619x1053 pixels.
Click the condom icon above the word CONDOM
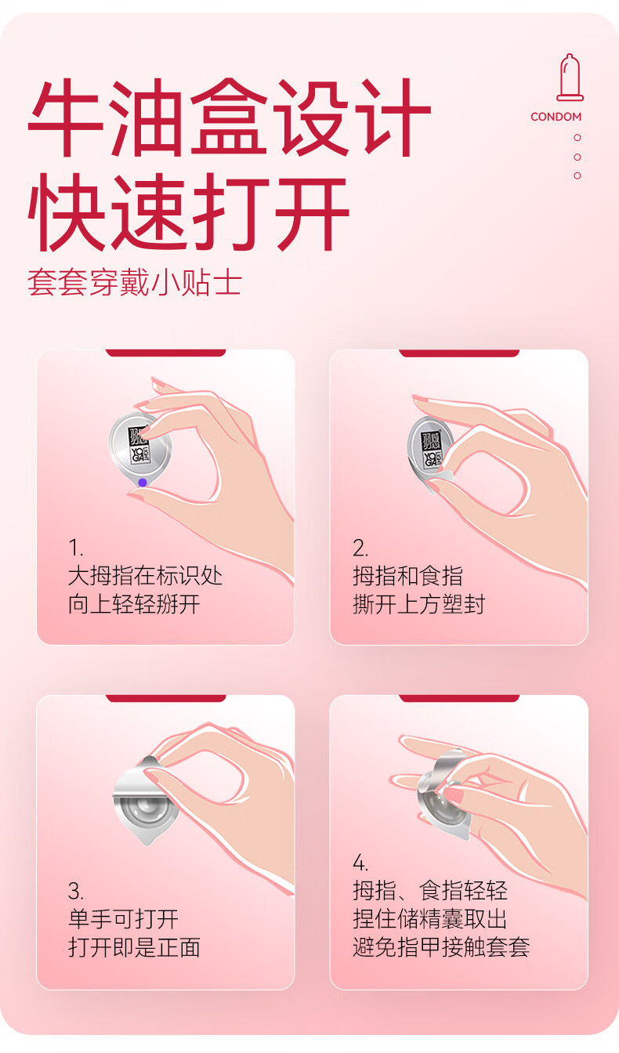point(570,78)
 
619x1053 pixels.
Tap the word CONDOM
point(556,117)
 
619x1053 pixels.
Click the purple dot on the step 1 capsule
point(143,483)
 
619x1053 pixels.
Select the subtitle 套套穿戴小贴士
point(135,283)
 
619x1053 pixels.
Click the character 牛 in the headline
point(66,117)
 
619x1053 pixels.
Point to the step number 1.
point(75,548)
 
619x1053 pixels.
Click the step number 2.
point(360,548)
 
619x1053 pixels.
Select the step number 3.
point(76,891)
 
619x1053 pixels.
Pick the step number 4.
point(360,863)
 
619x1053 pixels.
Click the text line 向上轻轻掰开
point(135,605)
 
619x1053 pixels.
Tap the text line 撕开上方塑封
point(418,605)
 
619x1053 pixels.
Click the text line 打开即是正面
point(135,948)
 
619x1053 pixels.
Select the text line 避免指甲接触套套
point(441,946)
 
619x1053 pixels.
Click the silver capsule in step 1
point(139,449)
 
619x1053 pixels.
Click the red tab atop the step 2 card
point(459,353)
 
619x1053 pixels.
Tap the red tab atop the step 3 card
point(166,698)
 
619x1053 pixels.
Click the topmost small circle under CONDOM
point(577,138)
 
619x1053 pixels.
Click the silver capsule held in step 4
point(443,794)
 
